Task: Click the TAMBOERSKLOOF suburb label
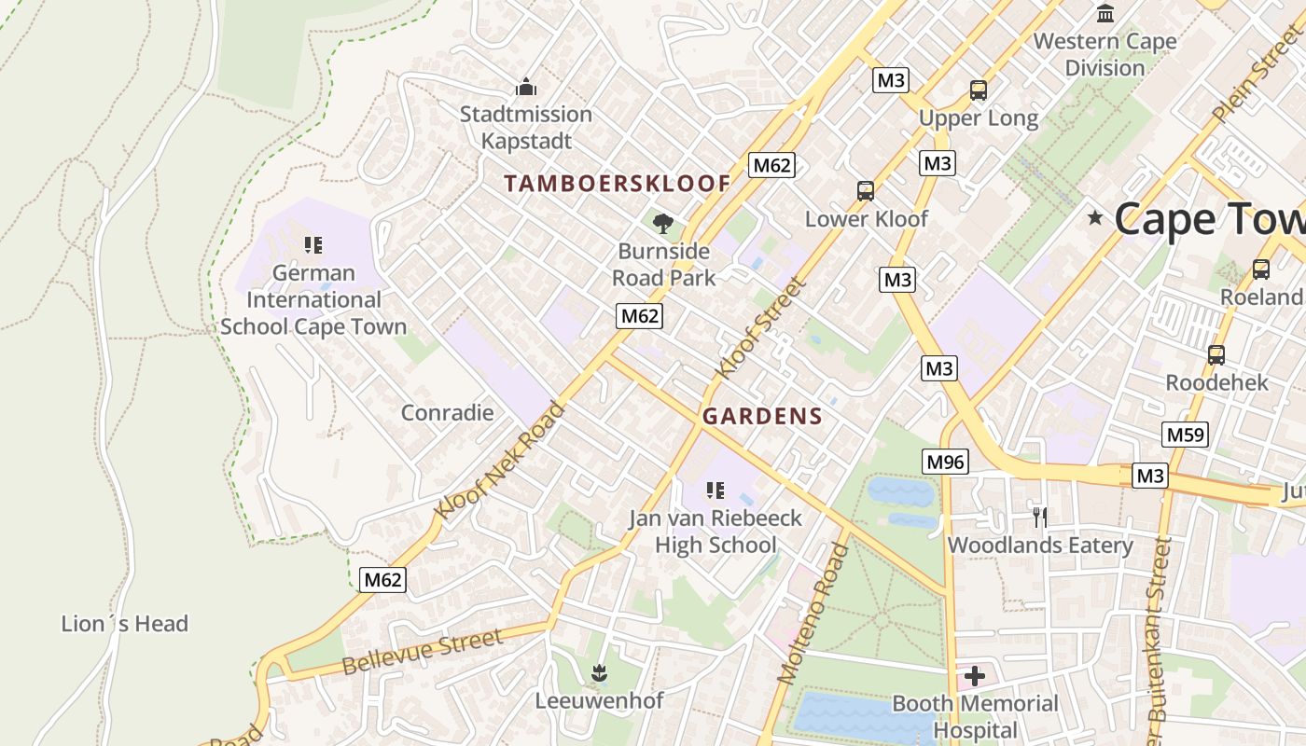(x=617, y=184)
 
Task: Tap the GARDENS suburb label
(x=762, y=417)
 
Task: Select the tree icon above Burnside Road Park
(x=663, y=223)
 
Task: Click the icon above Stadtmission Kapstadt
(x=526, y=88)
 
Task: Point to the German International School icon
(x=313, y=245)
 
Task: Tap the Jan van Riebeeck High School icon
(x=716, y=490)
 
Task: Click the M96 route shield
(x=946, y=461)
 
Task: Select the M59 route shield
(x=1185, y=435)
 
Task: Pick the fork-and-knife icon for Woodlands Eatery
(x=1040, y=517)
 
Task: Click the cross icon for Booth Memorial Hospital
(x=975, y=675)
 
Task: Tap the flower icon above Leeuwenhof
(x=599, y=672)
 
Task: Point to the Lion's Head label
(x=125, y=624)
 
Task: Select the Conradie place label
(x=447, y=412)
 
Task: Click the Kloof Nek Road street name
(x=500, y=461)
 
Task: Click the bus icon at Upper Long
(x=978, y=90)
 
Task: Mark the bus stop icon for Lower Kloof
(x=866, y=191)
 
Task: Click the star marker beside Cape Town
(x=1095, y=218)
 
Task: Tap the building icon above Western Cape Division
(x=1106, y=13)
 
